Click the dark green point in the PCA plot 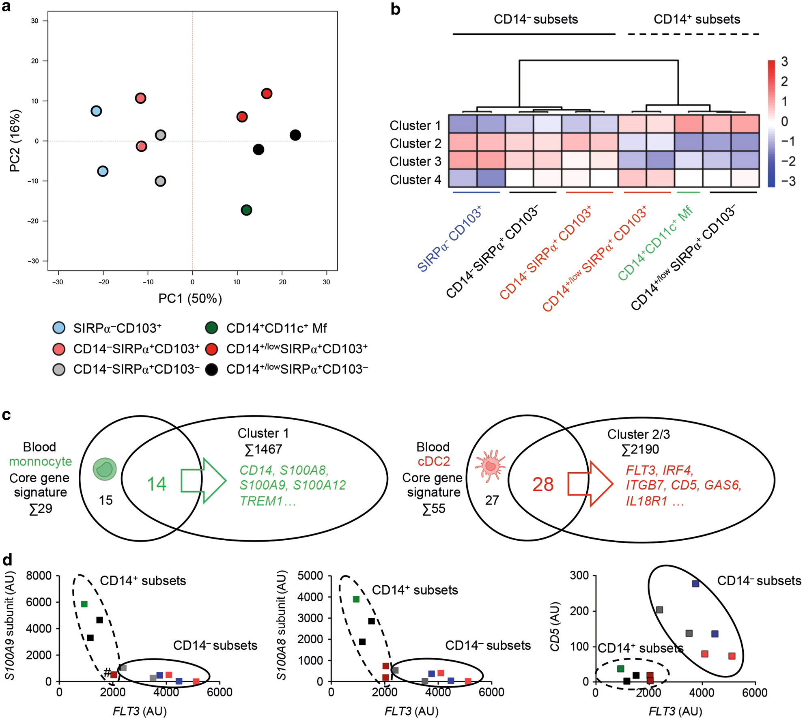pos(246,210)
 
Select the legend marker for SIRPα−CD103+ pos(59,328)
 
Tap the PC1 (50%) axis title pos(190,299)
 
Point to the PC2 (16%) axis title pos(15,140)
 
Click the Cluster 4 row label pos(415,179)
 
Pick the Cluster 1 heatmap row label pos(415,125)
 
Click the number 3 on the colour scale pos(784,62)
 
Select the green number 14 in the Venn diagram pos(156,484)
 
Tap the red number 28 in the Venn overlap pos(543,484)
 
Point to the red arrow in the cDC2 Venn pos(590,483)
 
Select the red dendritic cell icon pos(491,466)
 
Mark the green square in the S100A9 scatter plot pos(84,604)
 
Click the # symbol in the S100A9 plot pos(107,673)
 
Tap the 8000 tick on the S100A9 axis pos(39,576)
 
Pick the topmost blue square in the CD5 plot pos(695,584)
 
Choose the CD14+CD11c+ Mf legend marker pos(211,328)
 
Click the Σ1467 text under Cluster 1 pos(263,449)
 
